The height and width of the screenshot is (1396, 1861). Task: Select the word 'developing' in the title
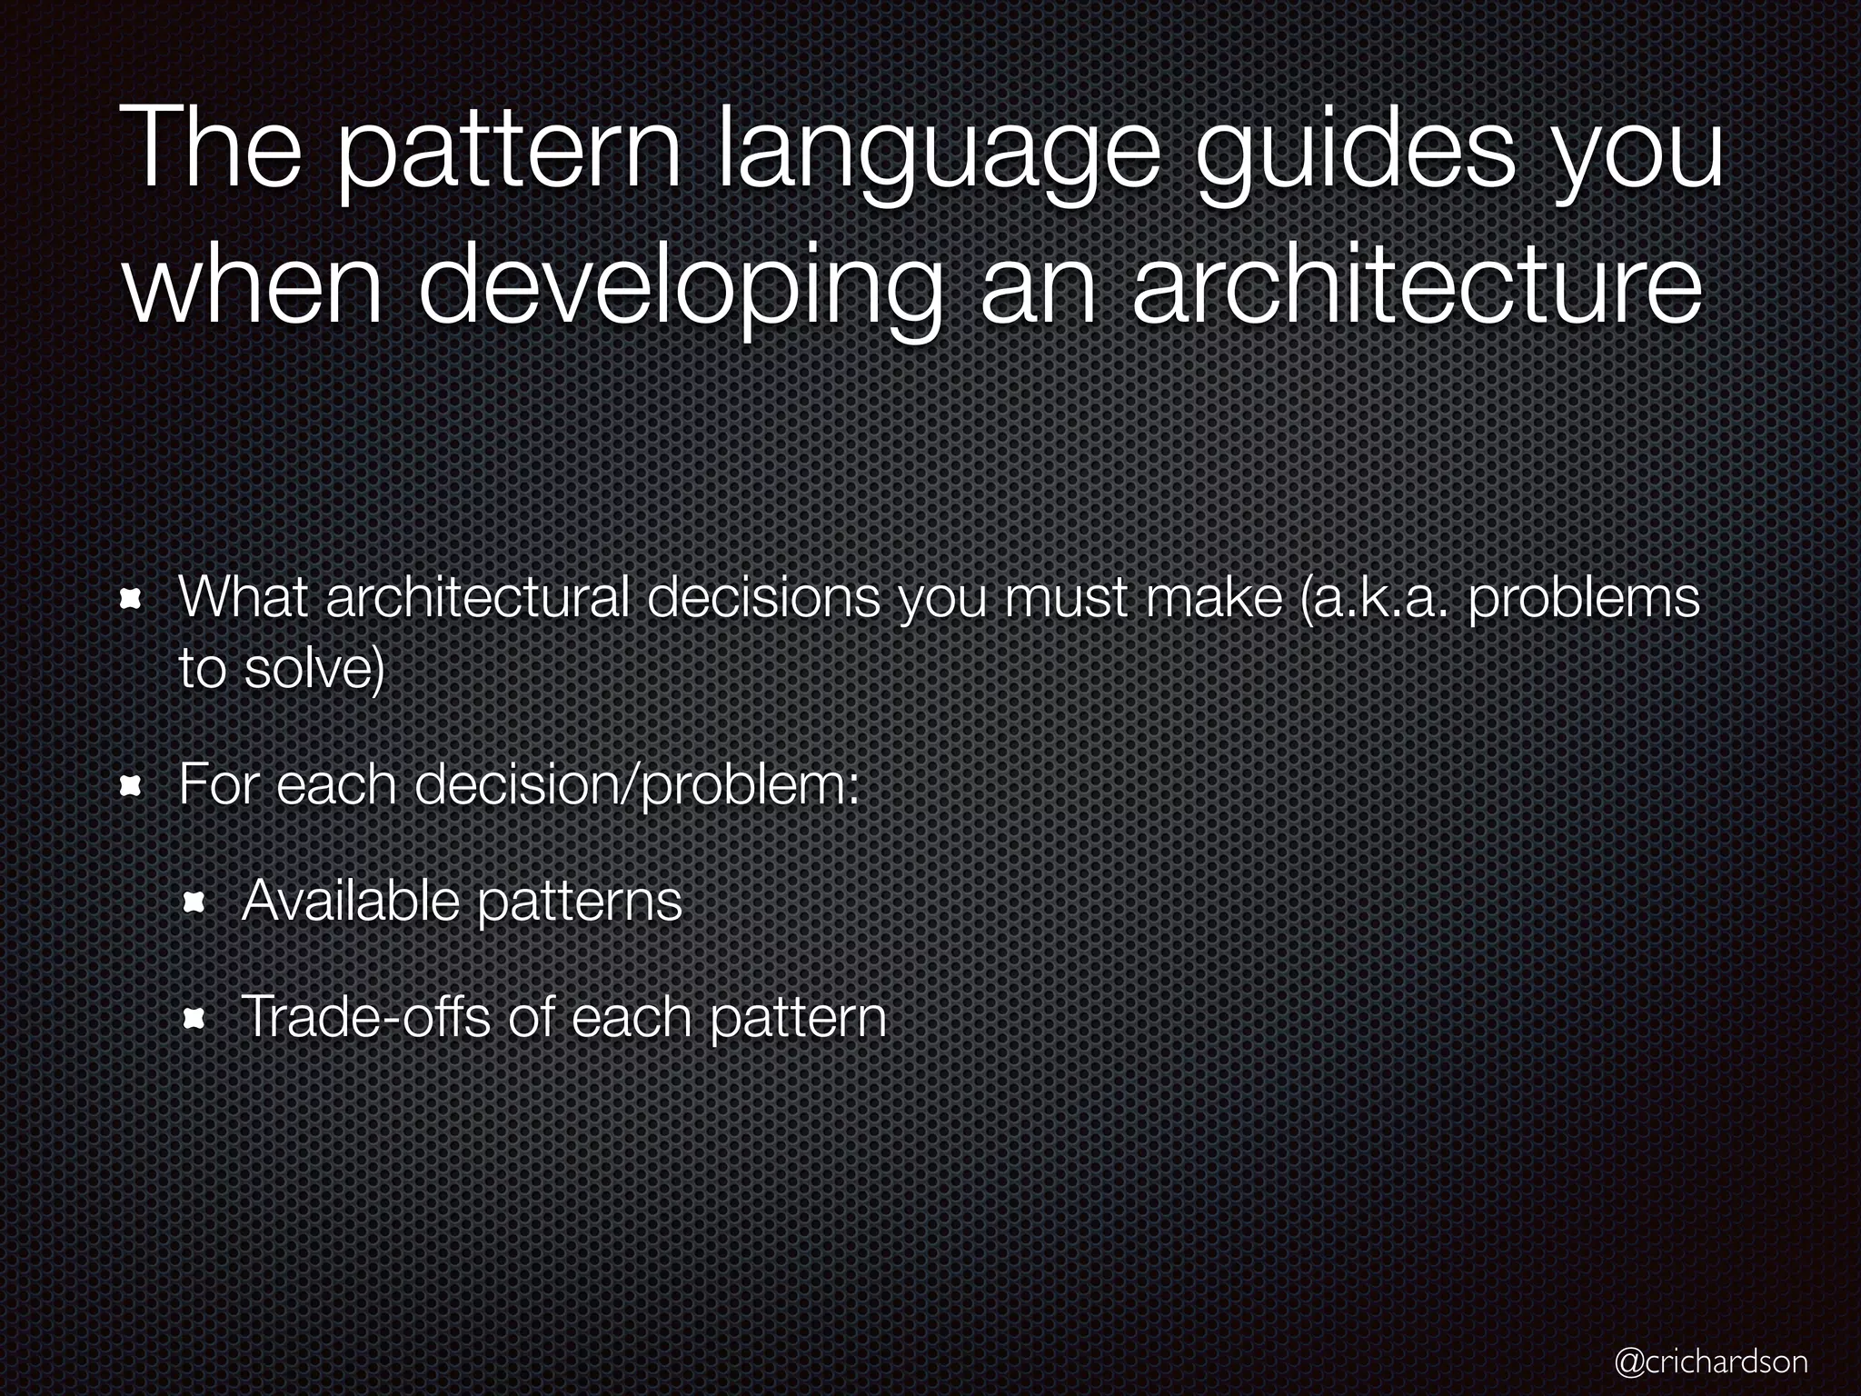pos(678,289)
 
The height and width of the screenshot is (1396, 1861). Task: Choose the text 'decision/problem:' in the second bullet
pos(637,785)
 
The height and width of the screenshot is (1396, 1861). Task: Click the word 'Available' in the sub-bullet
pos(349,901)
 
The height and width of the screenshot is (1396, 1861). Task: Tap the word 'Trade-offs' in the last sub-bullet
pos(364,1017)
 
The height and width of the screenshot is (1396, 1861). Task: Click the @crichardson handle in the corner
pos(1711,1361)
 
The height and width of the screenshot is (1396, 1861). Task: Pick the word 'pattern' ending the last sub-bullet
pos(797,1019)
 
